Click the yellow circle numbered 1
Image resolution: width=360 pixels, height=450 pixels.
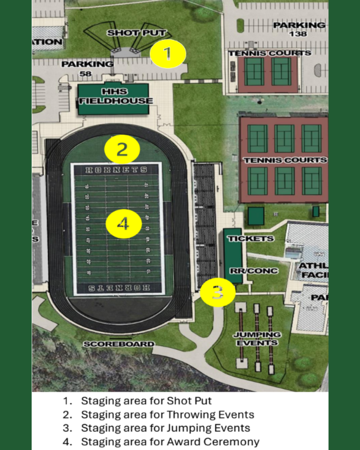coord(168,54)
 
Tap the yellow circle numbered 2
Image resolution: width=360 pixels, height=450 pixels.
coord(122,150)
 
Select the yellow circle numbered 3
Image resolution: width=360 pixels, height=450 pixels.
coord(218,292)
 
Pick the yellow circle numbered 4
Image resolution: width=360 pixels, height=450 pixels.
coord(124,224)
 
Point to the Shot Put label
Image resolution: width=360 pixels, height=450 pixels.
coord(136,33)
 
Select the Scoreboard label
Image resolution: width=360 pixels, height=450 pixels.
coord(119,344)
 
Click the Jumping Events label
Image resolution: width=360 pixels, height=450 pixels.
coord(257,339)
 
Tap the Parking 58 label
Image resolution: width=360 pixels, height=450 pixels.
coord(87,69)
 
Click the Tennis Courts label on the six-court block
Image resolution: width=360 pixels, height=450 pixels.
coord(285,160)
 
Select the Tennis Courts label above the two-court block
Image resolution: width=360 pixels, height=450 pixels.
coord(269,53)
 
